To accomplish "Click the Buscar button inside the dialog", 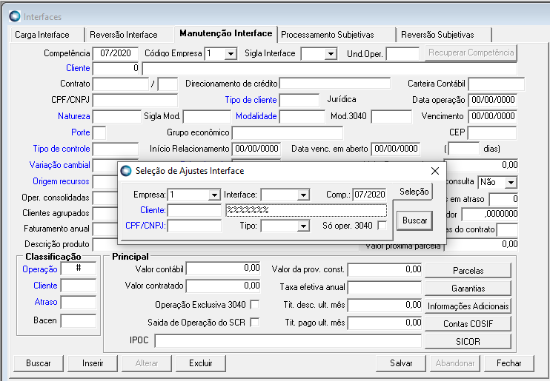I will pos(415,220).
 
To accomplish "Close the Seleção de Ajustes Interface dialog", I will pos(435,171).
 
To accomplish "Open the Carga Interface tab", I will pos(42,35).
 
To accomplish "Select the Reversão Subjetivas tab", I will pos(436,35).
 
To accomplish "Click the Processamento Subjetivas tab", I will pos(327,35).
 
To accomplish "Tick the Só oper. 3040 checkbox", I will pos(382,226).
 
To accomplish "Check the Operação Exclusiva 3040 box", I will pos(255,305).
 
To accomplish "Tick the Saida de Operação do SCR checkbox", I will pos(255,323).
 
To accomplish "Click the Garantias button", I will pos(468,288).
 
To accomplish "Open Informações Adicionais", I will pos(468,306).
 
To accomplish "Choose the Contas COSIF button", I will pos(468,323).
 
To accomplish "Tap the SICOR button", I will pos(468,341).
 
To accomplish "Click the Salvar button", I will pos(401,363).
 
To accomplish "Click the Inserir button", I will pos(93,363).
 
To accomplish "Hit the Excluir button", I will pos(201,363).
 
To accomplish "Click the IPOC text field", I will pos(288,341).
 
